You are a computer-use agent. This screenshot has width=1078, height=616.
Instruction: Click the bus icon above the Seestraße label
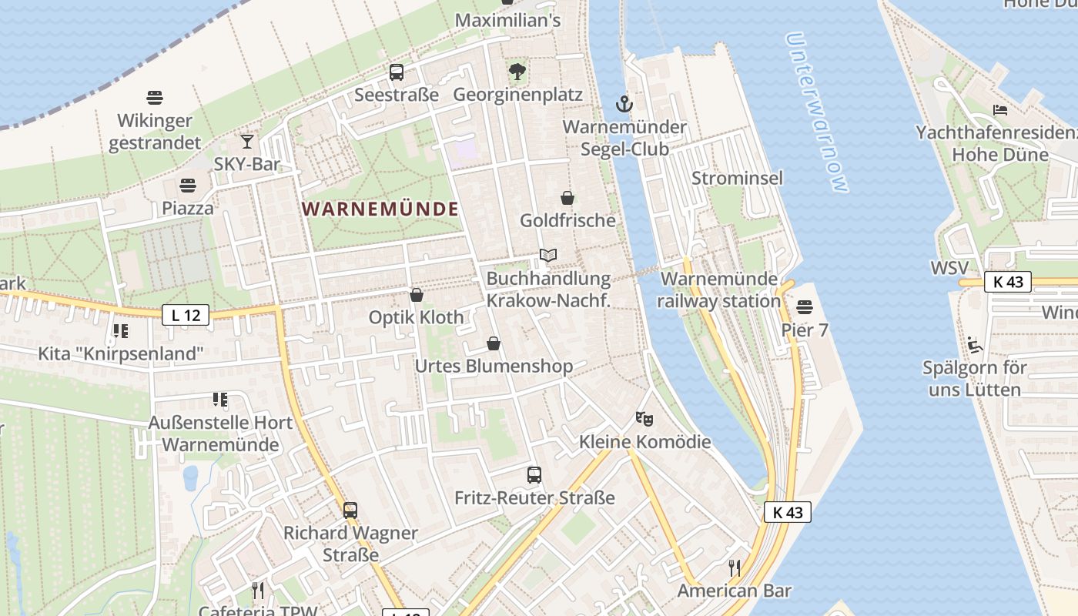[397, 72]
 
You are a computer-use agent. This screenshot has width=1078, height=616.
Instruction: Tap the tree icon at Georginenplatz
[517, 72]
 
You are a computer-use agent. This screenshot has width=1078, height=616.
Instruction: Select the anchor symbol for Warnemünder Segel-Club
[624, 103]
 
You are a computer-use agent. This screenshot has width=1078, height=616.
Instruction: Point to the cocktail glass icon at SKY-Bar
[247, 142]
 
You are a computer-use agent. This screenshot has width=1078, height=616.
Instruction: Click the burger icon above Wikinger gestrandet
[155, 98]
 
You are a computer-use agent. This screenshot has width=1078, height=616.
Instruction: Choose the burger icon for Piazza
[187, 186]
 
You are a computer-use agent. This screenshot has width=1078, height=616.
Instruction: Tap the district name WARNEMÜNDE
[380, 209]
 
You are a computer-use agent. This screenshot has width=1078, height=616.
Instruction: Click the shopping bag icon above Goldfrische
[567, 198]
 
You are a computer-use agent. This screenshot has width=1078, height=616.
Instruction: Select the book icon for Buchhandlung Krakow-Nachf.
[548, 255]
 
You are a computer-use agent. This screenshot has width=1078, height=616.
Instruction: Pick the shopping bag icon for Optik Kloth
[417, 295]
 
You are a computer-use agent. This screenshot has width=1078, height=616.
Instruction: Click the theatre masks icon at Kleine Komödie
[644, 419]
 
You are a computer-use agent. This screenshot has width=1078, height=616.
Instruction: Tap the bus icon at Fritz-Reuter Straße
[534, 475]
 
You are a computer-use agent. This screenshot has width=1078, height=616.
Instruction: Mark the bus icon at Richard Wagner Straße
[350, 510]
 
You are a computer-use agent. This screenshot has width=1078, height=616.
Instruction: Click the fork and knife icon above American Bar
[735, 568]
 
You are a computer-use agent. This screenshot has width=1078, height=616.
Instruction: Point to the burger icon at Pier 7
[805, 307]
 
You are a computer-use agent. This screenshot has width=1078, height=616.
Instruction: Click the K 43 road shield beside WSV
[1008, 282]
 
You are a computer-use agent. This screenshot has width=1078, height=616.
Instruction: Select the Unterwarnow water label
[817, 112]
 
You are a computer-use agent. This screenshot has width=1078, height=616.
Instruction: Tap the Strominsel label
[737, 178]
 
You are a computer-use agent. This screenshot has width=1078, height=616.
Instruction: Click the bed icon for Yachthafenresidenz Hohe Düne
[1000, 110]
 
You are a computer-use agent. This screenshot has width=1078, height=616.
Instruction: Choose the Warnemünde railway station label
[719, 290]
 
